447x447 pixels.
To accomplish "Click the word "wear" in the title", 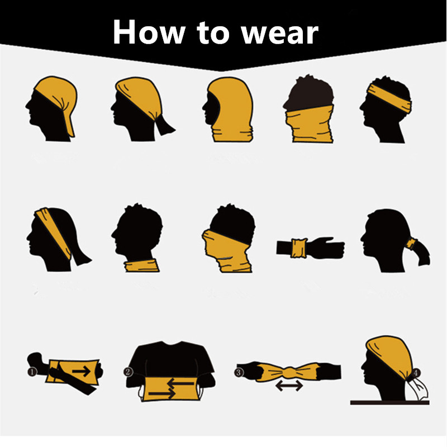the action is [x=280, y=34].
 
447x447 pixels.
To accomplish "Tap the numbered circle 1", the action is [x=32, y=372].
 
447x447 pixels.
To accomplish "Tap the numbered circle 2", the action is [x=128, y=372].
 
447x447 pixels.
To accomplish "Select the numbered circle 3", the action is [x=239, y=372].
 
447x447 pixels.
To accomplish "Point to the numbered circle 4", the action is [x=416, y=373].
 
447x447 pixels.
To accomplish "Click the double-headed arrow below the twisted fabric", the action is [x=289, y=386].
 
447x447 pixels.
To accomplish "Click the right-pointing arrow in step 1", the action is [x=81, y=371].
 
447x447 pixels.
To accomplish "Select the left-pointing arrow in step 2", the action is [x=180, y=383].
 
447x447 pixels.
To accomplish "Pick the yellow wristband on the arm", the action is [x=299, y=248].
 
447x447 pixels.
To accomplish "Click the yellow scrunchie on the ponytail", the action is [x=411, y=244].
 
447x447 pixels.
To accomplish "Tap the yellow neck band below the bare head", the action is [x=142, y=265].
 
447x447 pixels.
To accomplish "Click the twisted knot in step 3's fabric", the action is [x=289, y=372].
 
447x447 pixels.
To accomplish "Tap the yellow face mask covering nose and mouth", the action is [x=227, y=251].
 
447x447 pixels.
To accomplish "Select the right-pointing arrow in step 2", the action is [x=161, y=393].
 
